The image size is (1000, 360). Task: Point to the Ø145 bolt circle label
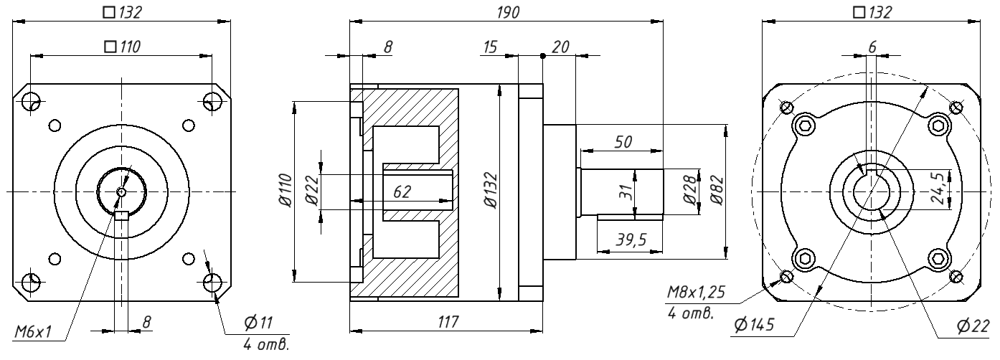point(754,325)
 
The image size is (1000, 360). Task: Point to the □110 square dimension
point(122,47)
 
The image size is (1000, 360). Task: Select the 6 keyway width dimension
point(872,46)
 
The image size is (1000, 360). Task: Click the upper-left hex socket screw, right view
point(804,126)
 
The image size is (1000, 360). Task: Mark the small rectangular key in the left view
point(121,215)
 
